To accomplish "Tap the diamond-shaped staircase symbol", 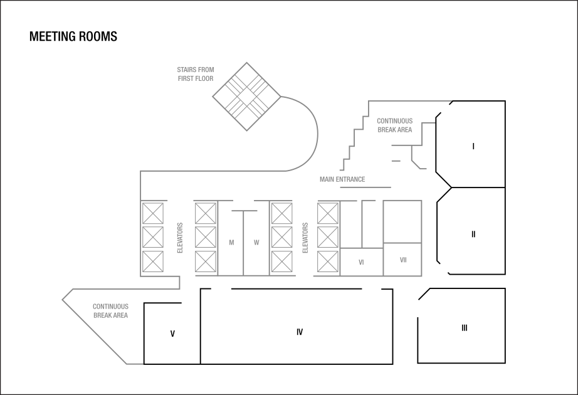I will pyautogui.click(x=246, y=97).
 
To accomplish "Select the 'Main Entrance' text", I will pyautogui.click(x=342, y=179).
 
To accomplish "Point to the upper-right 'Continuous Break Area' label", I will pyautogui.click(x=394, y=125).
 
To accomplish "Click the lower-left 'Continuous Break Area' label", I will pyautogui.click(x=110, y=311).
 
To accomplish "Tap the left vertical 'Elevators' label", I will pyautogui.click(x=180, y=238).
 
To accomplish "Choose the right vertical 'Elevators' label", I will pyautogui.click(x=305, y=238).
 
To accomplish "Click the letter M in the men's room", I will pyautogui.click(x=231, y=243).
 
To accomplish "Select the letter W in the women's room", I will pyautogui.click(x=256, y=243).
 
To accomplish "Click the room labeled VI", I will pyautogui.click(x=361, y=263).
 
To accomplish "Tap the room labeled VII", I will pyautogui.click(x=402, y=260).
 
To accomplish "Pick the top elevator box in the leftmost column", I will pyautogui.click(x=152, y=213).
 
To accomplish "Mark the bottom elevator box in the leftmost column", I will pyautogui.click(x=152, y=261).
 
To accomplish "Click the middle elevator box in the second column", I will pyautogui.click(x=206, y=238).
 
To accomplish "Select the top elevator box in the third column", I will pyautogui.click(x=281, y=213).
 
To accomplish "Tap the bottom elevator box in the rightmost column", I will pyautogui.click(x=328, y=261).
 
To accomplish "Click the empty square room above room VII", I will pyautogui.click(x=402, y=221).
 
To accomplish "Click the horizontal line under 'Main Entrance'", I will pyautogui.click(x=365, y=187).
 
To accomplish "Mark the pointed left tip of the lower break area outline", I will pyautogui.click(x=63, y=300).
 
